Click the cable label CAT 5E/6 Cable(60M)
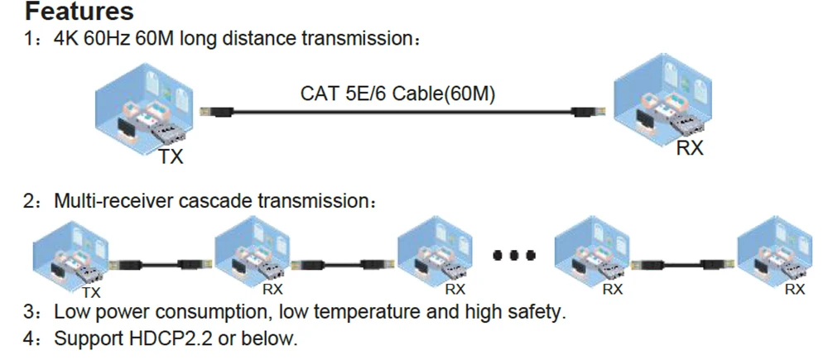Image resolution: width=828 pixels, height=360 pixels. click(x=397, y=94)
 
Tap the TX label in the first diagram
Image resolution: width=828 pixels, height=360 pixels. click(x=171, y=156)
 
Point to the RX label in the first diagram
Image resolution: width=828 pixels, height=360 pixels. click(x=690, y=149)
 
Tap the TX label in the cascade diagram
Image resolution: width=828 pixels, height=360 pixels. click(x=92, y=292)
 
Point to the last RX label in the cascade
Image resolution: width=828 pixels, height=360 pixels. click(x=794, y=290)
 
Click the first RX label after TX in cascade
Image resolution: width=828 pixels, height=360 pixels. click(x=272, y=290)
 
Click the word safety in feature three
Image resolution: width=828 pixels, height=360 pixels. click(x=539, y=313)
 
